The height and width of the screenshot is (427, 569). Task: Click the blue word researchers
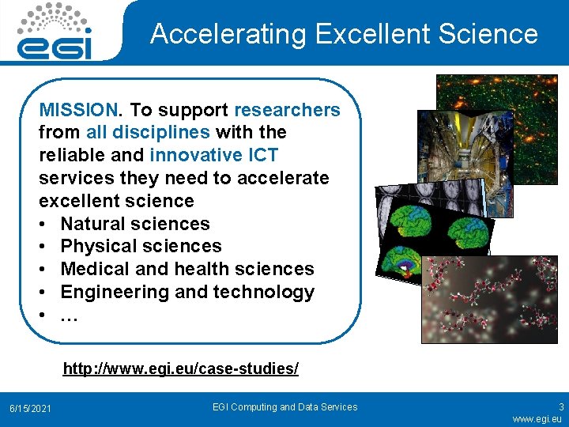tap(287, 110)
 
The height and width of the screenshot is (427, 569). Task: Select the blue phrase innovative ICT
tap(213, 156)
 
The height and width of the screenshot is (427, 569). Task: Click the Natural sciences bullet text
tap(135, 224)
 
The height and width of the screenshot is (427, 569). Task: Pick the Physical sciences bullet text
tap(141, 247)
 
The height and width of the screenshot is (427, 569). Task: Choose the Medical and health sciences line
tap(187, 270)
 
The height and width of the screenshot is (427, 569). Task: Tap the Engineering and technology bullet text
tap(187, 293)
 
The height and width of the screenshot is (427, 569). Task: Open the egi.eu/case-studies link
tap(180, 369)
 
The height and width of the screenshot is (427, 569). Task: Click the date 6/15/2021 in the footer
tap(30, 408)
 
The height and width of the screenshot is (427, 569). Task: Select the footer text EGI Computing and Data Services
tap(284, 407)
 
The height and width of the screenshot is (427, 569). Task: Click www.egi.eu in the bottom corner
tap(537, 419)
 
